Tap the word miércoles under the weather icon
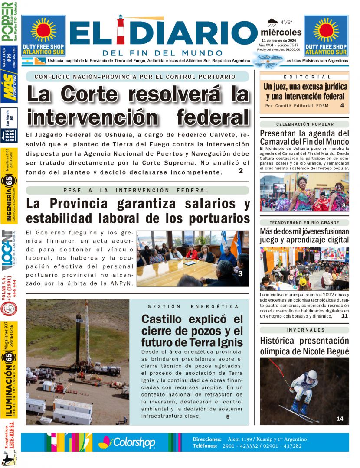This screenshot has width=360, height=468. tap(281, 32)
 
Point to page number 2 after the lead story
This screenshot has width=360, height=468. tap(240, 171)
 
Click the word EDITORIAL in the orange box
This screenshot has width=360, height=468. tap(304, 77)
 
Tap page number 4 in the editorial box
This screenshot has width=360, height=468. tap(342, 105)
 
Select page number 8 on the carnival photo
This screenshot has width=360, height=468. tap(344, 205)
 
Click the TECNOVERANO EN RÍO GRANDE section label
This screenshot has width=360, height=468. tap(304, 222)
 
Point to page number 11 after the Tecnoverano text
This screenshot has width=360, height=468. tap(344, 316)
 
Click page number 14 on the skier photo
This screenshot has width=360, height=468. tap(340, 418)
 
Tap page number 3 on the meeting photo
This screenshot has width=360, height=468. tap(240, 273)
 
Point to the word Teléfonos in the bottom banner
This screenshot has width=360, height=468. tap(207, 446)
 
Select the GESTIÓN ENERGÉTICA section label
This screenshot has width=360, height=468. tap(193, 306)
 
